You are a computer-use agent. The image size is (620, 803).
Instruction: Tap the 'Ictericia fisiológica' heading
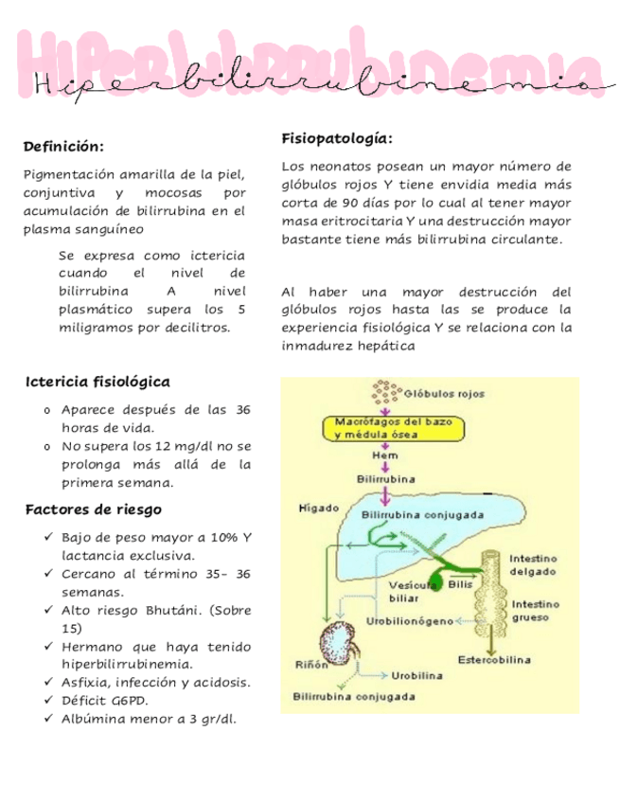click(x=97, y=383)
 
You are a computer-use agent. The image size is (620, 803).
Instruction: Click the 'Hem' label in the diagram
click(x=384, y=455)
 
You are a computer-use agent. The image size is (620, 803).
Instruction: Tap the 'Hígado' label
click(x=318, y=508)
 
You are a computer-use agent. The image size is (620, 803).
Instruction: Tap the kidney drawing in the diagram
click(x=335, y=644)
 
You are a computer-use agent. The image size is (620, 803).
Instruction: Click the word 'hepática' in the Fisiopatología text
click(x=387, y=346)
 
